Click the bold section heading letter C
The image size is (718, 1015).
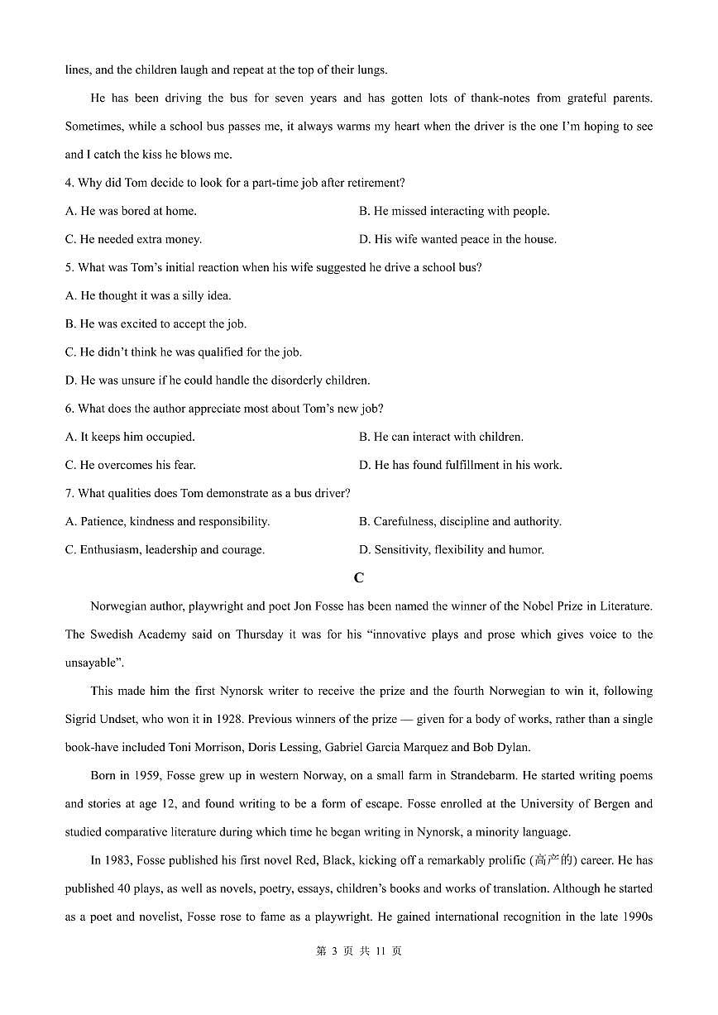coord(358,578)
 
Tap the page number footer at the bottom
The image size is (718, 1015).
coord(358,951)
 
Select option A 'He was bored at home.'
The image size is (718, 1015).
coord(131,211)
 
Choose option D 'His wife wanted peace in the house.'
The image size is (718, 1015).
coord(457,239)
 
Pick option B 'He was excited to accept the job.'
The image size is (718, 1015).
coord(156,323)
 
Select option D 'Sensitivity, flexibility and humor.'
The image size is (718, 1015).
coord(452,549)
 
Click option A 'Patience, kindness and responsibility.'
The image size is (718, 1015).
coord(167,521)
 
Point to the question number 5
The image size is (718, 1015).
coord(69,267)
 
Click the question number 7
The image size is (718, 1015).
coord(69,493)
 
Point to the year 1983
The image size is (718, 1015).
coord(122,860)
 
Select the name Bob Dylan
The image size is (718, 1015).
coord(501,747)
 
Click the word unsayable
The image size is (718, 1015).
coord(92,663)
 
